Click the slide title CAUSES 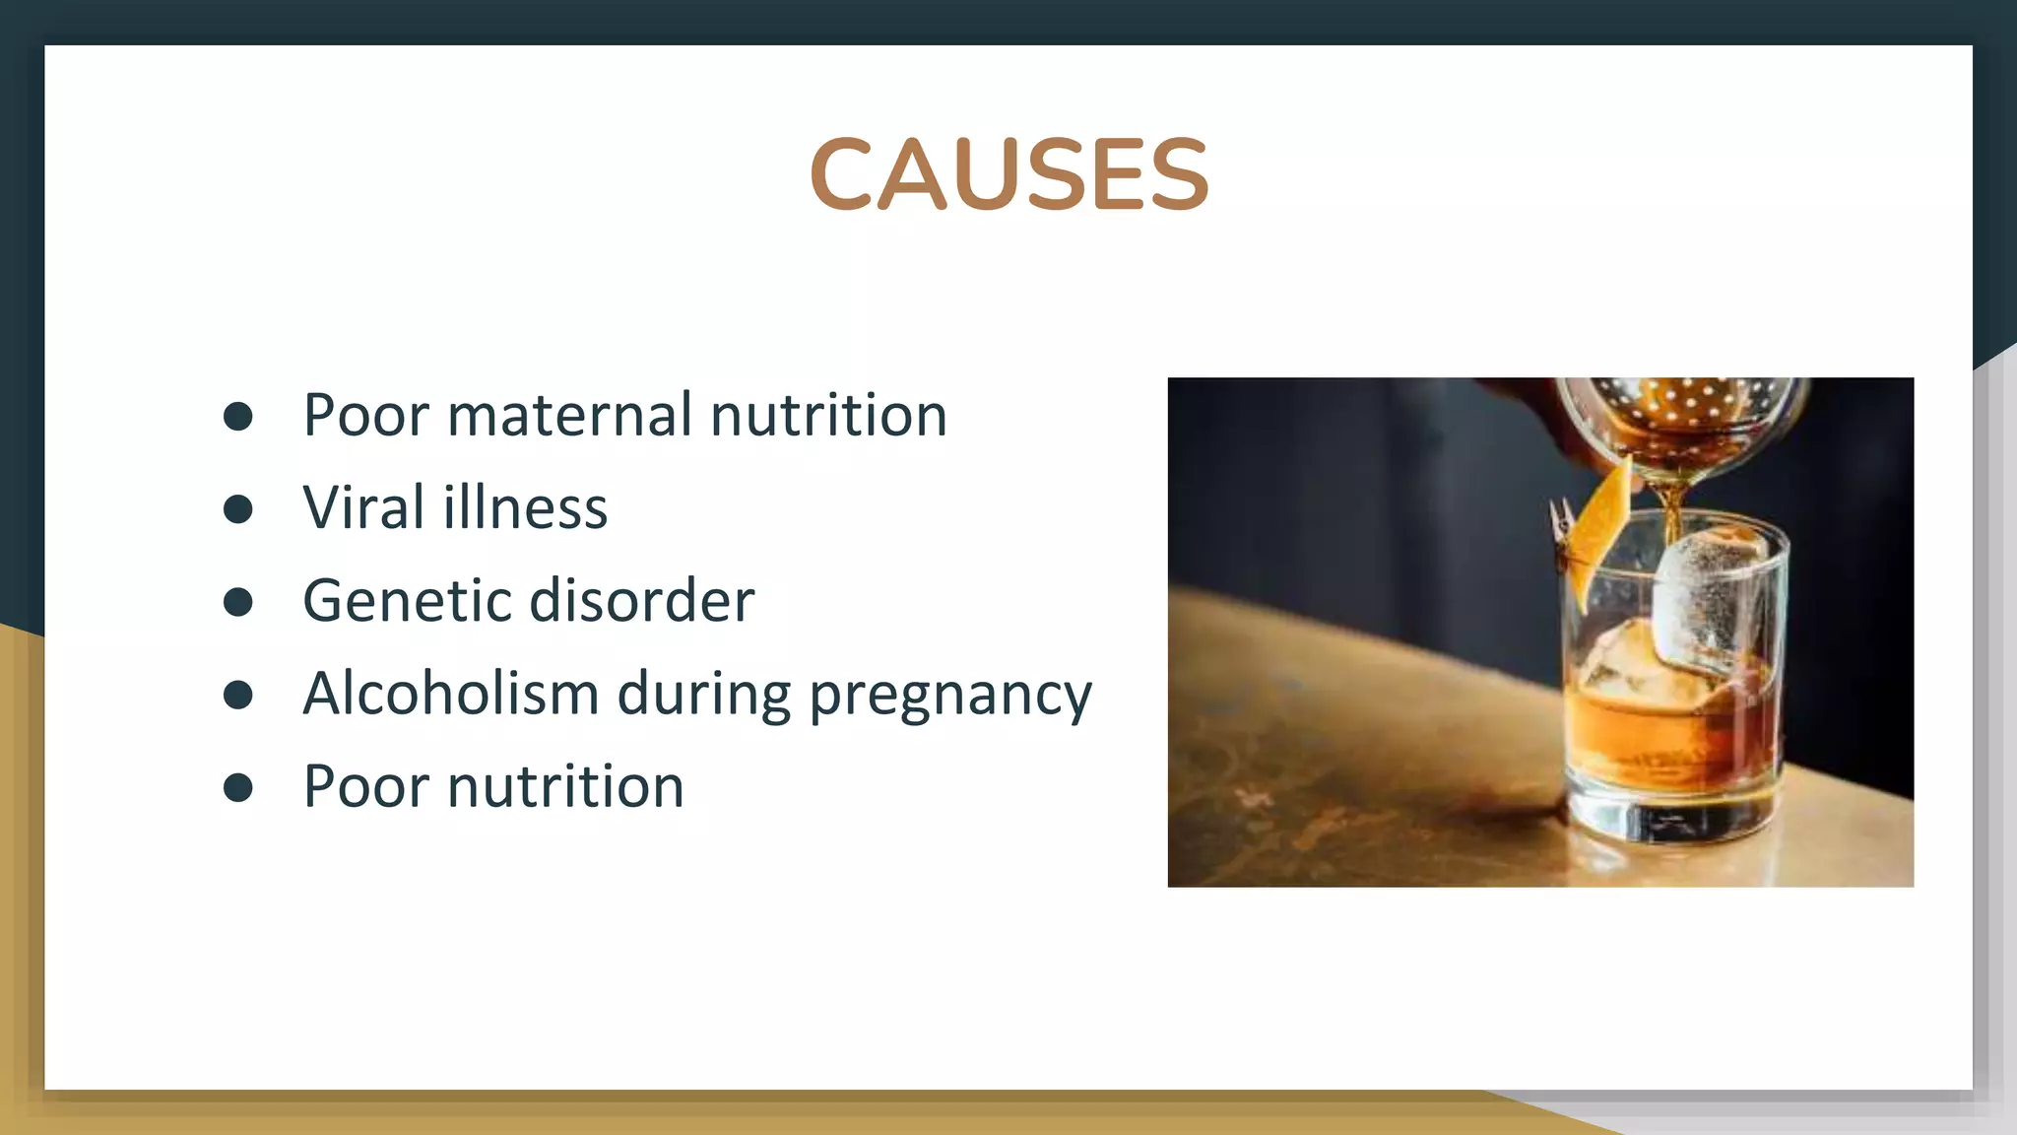point(1008,174)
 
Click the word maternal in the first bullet point(569,415)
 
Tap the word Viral point(363,507)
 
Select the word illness point(525,507)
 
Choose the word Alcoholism point(450,693)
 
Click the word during point(703,693)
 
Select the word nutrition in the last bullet point(565,786)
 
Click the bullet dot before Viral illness point(238,508)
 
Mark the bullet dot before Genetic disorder point(238,601)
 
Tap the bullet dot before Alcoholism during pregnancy point(238,695)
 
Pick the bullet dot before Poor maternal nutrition point(238,416)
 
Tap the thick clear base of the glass point(1674,813)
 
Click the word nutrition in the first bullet point(828,415)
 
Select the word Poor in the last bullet point(365,786)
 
